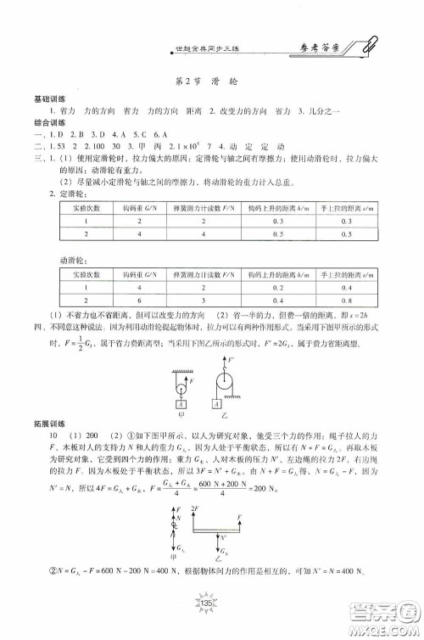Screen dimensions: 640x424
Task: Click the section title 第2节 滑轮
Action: click(211, 84)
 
